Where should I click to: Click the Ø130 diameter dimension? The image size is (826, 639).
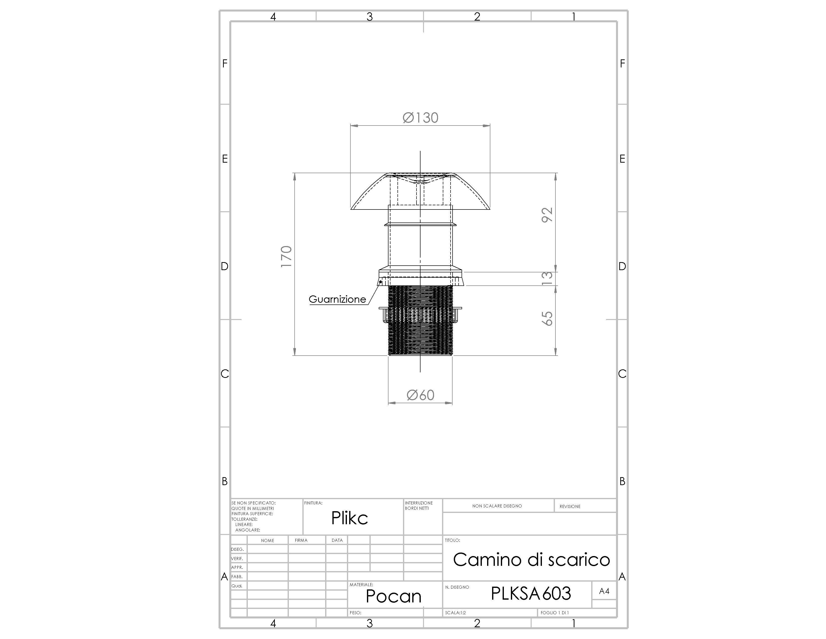pos(420,118)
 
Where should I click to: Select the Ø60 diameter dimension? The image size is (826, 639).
pos(420,395)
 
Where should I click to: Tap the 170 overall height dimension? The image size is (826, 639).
pos(286,257)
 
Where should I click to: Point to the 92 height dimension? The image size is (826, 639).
pos(547,215)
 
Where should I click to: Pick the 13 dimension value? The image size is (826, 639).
pos(547,279)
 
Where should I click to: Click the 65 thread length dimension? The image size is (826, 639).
pos(547,318)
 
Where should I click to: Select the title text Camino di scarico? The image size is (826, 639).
pos(531,560)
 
